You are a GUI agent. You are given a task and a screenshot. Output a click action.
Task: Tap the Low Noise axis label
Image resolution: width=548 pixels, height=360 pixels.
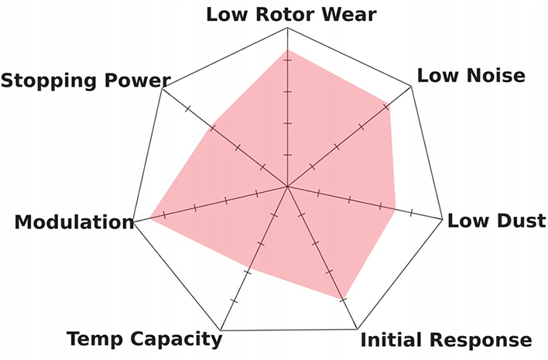(x=471, y=75)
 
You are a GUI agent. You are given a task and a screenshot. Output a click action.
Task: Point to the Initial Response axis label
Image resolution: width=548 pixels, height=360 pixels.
(x=447, y=340)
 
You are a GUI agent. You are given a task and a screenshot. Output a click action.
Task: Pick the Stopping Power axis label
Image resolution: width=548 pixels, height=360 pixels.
(x=85, y=81)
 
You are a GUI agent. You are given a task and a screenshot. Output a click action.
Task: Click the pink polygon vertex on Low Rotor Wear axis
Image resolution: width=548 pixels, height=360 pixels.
(x=287, y=50)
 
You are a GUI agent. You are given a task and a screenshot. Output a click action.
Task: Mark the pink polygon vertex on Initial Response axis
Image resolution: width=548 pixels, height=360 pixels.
(x=341, y=299)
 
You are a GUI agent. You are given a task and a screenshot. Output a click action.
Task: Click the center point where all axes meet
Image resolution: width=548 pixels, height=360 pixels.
(x=287, y=187)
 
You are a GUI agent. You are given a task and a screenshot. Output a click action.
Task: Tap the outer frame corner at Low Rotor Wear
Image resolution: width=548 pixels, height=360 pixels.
(x=287, y=29)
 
